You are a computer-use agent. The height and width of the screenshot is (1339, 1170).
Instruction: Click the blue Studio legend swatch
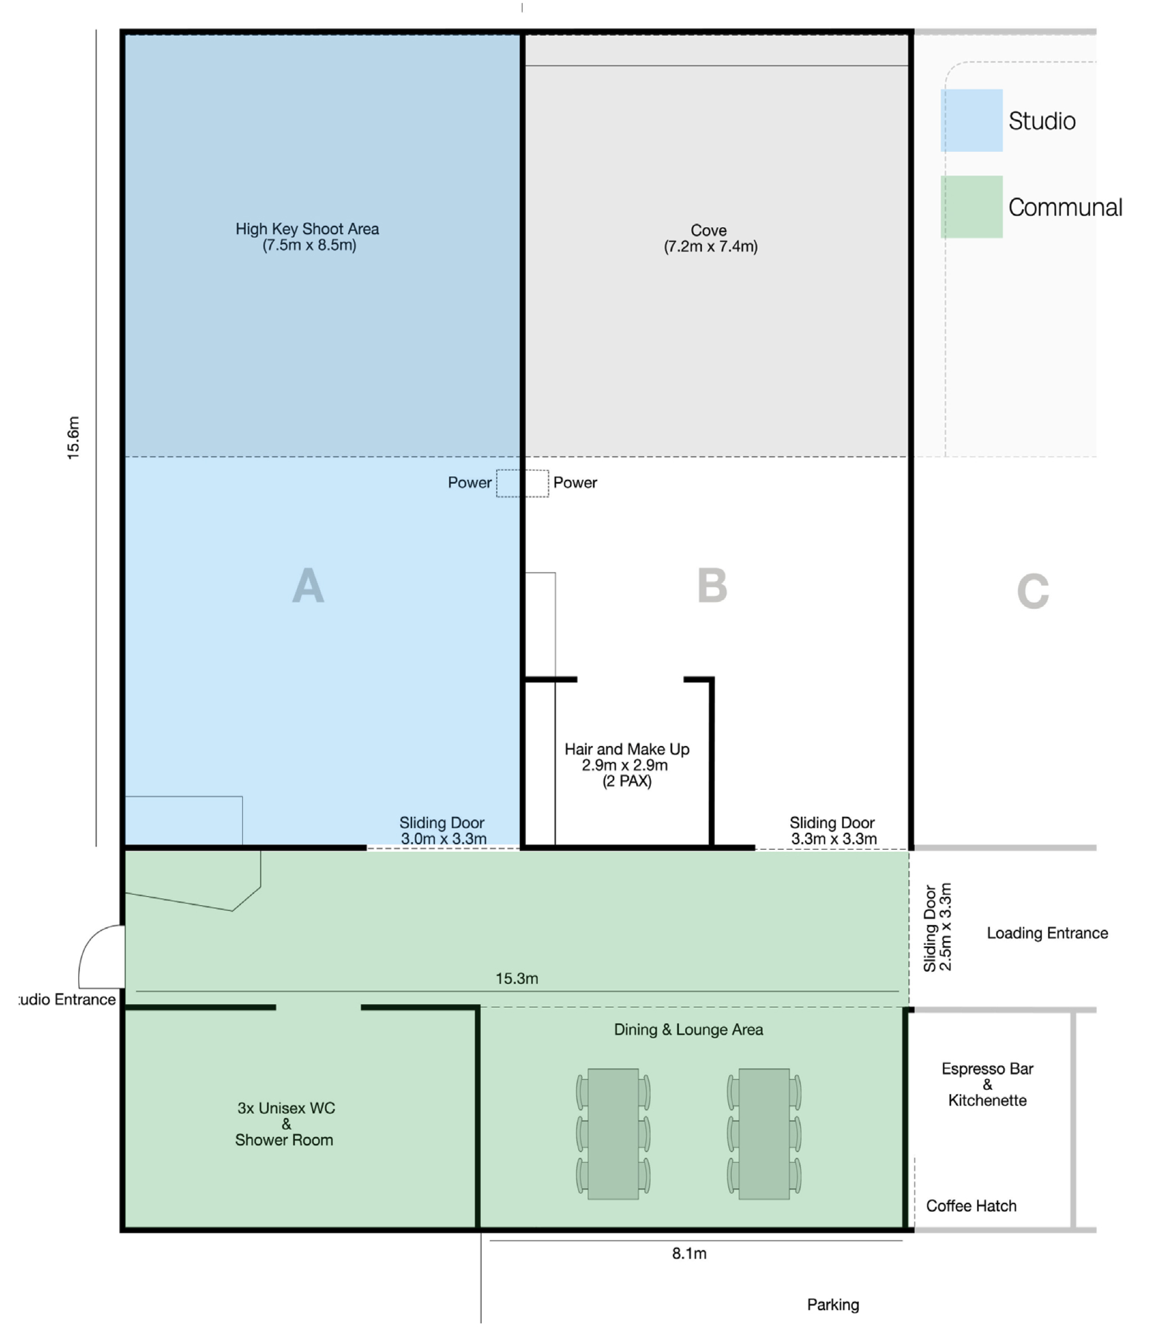tap(971, 120)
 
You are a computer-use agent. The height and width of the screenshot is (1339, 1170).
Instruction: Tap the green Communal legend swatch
tap(971, 206)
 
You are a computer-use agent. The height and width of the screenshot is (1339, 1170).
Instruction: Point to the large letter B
tap(712, 585)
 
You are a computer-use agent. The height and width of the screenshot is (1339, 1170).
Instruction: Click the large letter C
tap(1033, 591)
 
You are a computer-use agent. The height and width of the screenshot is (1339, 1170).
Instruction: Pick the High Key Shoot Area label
tap(308, 236)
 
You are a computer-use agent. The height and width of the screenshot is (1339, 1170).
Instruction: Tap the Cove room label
tap(710, 239)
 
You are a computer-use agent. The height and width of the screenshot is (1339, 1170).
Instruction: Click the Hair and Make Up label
tap(627, 765)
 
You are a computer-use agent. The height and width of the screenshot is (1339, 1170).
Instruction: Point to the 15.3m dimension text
tap(516, 978)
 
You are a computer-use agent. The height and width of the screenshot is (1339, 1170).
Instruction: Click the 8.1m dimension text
tap(689, 1253)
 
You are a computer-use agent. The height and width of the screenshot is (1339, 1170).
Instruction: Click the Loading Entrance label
tap(1047, 933)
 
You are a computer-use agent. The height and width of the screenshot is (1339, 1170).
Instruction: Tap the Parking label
tap(833, 1304)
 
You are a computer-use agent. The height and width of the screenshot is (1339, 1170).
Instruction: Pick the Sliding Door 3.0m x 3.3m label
tap(443, 830)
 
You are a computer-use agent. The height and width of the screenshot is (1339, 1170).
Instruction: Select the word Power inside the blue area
tap(470, 483)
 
